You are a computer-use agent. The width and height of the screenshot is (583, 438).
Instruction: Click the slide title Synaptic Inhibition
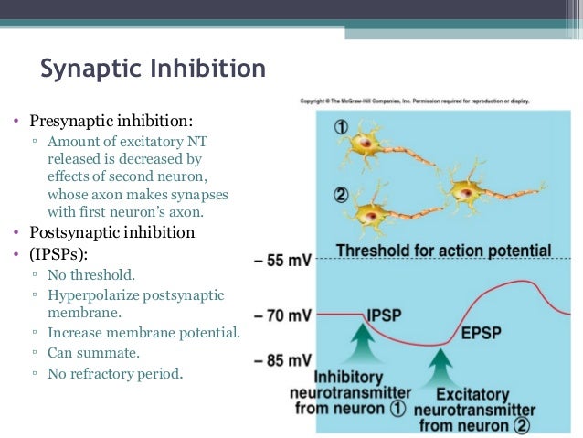154,69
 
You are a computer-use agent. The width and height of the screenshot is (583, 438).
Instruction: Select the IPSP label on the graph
384,315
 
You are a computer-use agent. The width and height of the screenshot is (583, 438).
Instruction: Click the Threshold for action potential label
443,251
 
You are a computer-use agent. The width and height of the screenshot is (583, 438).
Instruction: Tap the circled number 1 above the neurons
340,128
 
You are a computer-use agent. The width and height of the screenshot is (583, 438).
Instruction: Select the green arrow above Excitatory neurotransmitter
441,368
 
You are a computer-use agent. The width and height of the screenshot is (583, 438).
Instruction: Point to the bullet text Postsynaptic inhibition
112,232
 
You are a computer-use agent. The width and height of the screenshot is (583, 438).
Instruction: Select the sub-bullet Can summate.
91,352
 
